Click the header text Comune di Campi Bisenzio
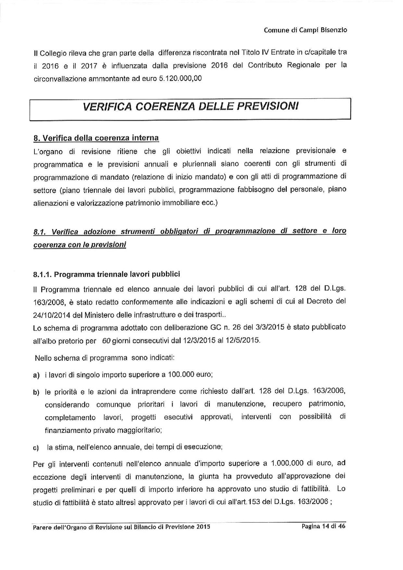click(x=305, y=30)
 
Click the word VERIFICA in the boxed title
click(x=107, y=106)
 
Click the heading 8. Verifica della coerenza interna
click(x=96, y=138)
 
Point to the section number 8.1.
click(x=39, y=232)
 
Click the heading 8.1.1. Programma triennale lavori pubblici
click(x=107, y=274)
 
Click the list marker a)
click(x=36, y=375)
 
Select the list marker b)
click(x=36, y=392)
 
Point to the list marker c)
click(x=36, y=448)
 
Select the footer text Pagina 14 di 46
click(x=323, y=526)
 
